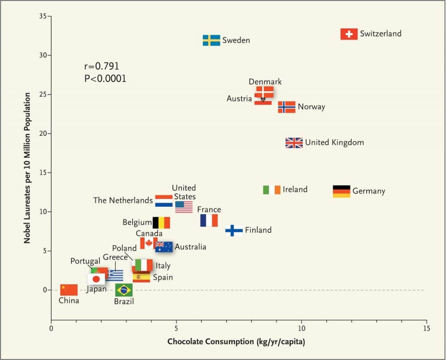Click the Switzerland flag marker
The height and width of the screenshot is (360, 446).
click(x=349, y=34)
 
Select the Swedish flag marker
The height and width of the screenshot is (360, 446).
click(x=211, y=40)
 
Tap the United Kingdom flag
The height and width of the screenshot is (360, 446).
click(x=294, y=143)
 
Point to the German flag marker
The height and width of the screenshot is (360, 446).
click(x=342, y=191)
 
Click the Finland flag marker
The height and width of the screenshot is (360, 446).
click(x=234, y=230)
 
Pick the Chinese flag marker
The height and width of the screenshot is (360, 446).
click(x=69, y=290)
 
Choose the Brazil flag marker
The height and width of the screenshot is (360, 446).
click(x=124, y=290)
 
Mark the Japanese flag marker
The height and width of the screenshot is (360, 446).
click(x=96, y=279)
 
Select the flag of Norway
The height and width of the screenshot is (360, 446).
click(x=286, y=107)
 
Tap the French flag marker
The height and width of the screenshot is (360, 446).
click(x=209, y=220)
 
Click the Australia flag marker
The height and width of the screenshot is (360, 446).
click(x=164, y=247)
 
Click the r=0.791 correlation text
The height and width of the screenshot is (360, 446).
click(x=101, y=67)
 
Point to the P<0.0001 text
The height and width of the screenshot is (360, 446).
click(x=105, y=79)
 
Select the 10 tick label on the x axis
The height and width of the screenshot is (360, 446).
click(x=302, y=329)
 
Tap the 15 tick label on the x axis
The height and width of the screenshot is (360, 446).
click(x=426, y=329)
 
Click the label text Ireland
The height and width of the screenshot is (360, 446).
click(x=295, y=189)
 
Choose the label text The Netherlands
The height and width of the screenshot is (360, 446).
click(x=123, y=200)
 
